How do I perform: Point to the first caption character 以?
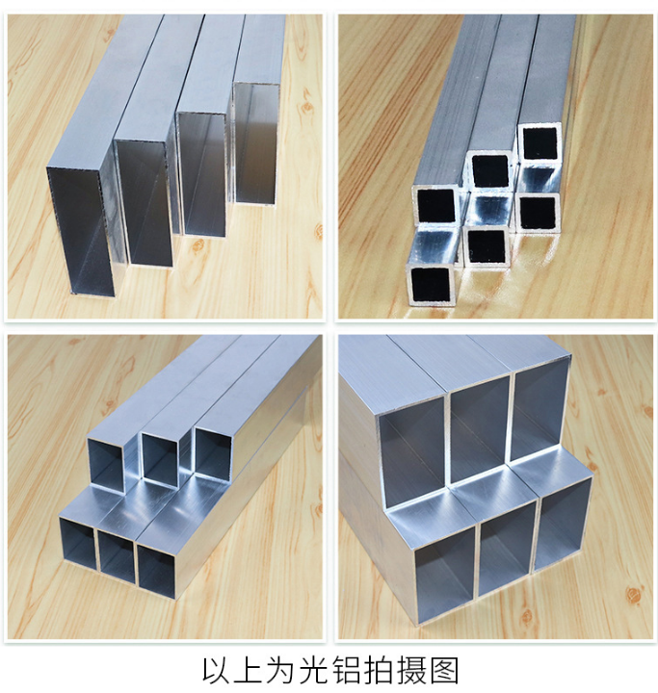click(x=218, y=669)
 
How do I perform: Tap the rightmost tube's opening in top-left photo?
click(x=256, y=142)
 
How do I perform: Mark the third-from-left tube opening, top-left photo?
click(x=202, y=174)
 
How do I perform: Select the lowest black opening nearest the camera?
click(x=433, y=285)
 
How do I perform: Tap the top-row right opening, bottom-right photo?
click(x=540, y=406)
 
